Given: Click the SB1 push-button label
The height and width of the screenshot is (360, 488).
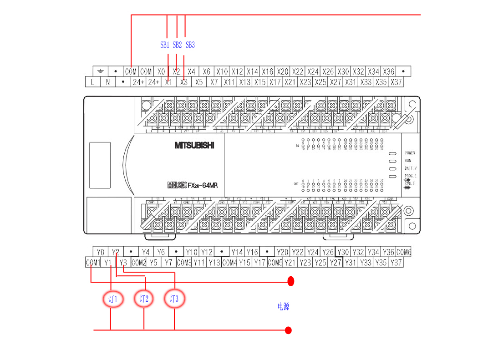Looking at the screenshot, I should [x=165, y=45].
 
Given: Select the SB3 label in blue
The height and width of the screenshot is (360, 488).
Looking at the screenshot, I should [x=190, y=45].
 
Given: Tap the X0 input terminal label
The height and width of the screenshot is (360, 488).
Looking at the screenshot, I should [x=161, y=71].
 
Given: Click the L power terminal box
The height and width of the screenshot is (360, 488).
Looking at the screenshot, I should [x=93, y=82].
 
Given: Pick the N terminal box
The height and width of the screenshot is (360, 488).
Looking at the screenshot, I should [x=108, y=82].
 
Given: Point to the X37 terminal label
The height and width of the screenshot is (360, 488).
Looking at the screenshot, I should [x=396, y=82].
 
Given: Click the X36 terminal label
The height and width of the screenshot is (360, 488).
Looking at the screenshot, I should [x=389, y=71].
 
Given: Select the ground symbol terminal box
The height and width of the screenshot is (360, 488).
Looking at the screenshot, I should [x=100, y=71].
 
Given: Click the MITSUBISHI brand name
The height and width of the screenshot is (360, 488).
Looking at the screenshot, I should [x=194, y=146].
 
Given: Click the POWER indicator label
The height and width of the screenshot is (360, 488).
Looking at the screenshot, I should [x=410, y=153].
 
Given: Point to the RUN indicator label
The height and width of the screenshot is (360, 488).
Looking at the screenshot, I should [x=408, y=161].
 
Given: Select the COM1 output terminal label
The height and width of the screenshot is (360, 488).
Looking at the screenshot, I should [x=93, y=263].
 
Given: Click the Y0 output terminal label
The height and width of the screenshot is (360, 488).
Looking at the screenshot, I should [x=101, y=252].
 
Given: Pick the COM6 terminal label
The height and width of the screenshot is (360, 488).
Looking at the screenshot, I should [x=404, y=252].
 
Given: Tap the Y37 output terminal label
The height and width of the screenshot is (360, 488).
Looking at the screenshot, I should [x=396, y=263].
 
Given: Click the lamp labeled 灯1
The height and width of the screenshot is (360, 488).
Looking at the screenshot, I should [x=113, y=299].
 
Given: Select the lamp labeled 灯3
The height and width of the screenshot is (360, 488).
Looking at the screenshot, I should [x=174, y=299].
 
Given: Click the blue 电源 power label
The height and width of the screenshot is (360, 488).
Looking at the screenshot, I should [x=283, y=307].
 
